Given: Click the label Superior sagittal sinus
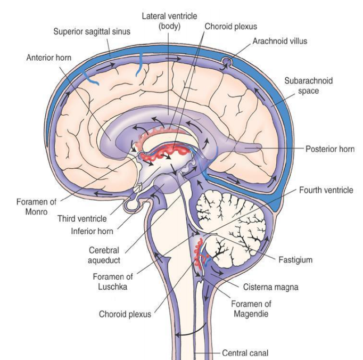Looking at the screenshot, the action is point(92,31).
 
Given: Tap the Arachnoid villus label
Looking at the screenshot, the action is point(279,41).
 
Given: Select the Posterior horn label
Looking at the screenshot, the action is point(330,149).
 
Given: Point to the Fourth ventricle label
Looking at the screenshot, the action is point(326,190).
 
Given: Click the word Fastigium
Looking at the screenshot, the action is point(295,260).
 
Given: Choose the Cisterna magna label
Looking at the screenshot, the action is point(270,287).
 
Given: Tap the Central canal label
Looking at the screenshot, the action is point(245,353).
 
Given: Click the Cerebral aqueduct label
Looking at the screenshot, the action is point(104,255).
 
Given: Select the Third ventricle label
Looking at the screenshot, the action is point(82,218).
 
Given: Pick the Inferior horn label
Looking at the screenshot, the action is point(92,231).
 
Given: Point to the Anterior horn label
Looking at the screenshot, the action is point(48,58).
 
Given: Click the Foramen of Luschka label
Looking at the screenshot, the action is point(113,282).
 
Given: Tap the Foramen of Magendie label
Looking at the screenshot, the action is point(251,309).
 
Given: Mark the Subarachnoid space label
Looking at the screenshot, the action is point(308,86).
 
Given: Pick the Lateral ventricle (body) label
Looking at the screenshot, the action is point(169,21).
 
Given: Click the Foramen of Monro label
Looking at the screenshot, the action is point(36,207).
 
